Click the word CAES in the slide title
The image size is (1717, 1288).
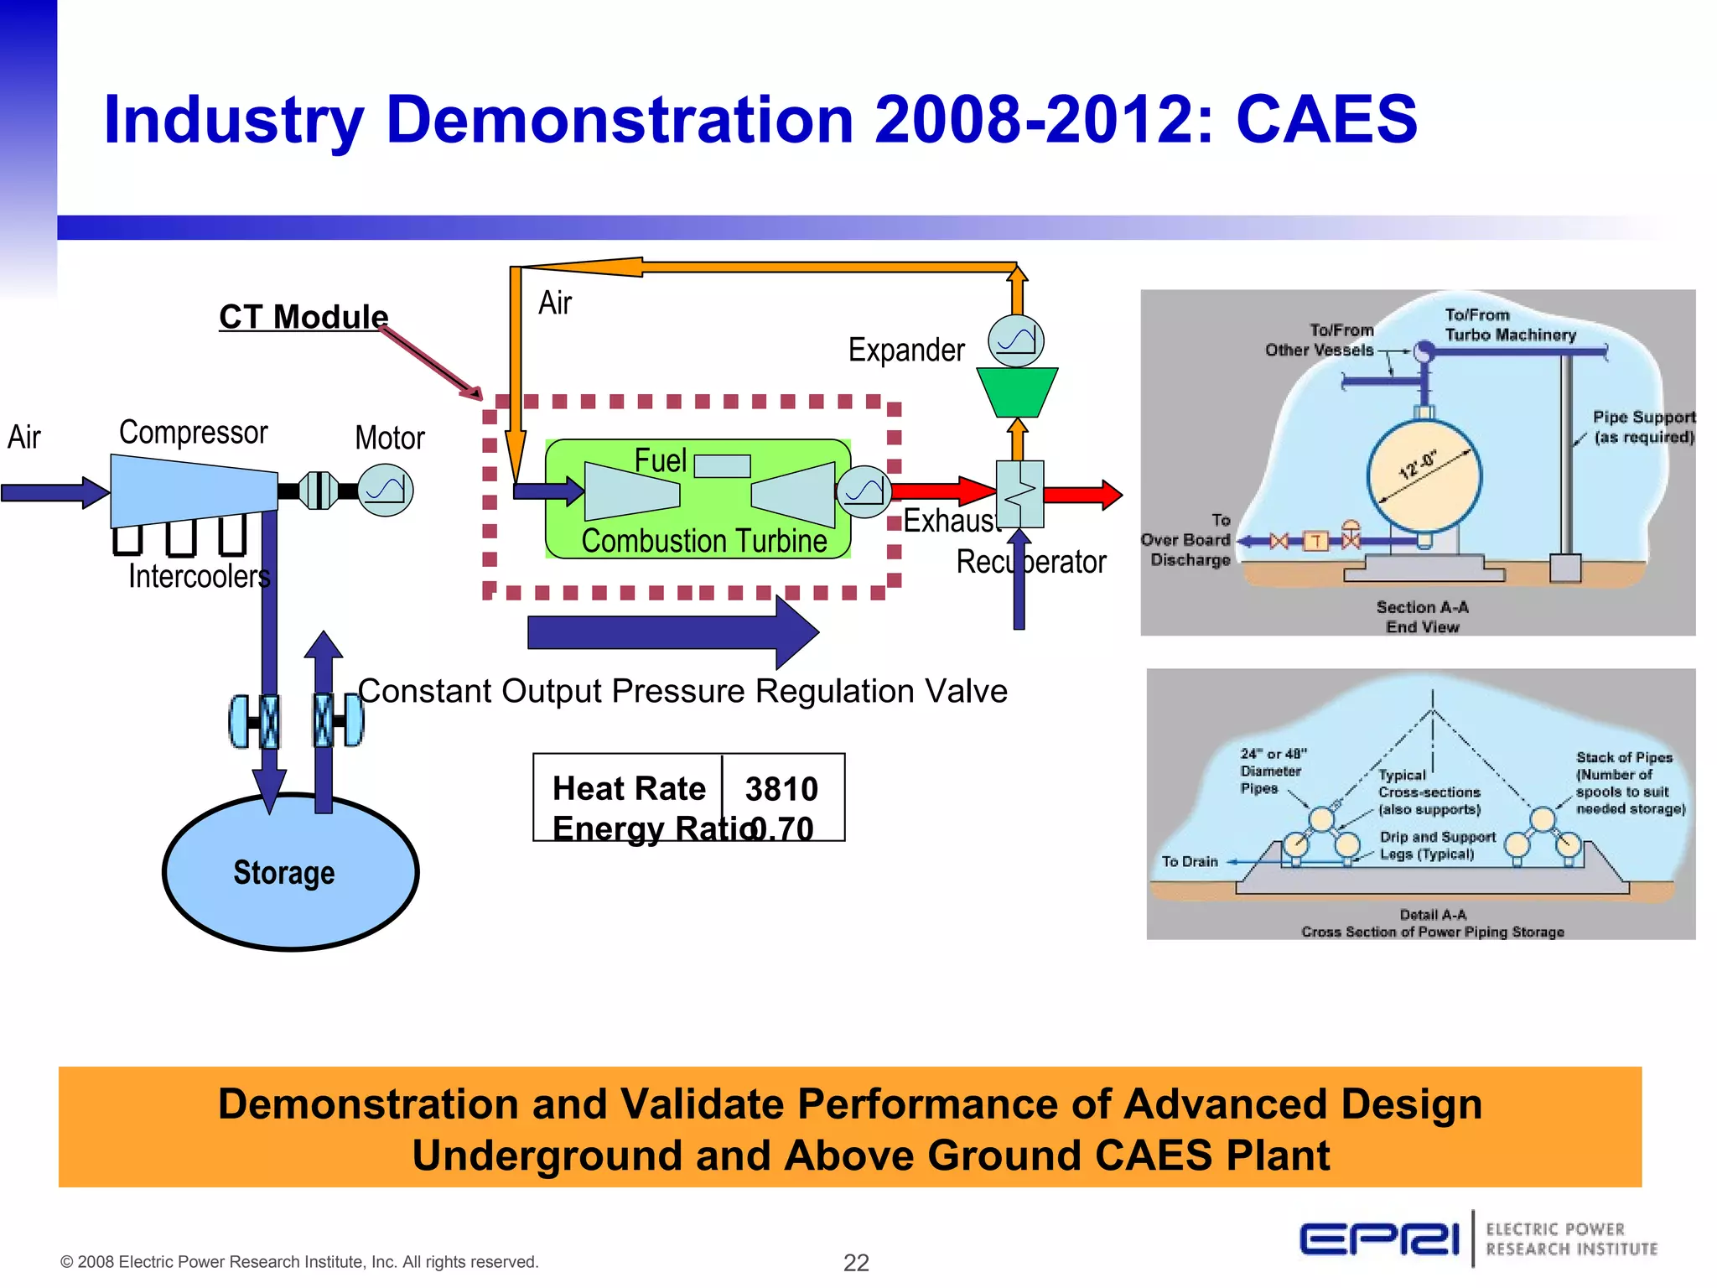pyautogui.click(x=1326, y=119)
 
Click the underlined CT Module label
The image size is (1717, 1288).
pyautogui.click(x=303, y=317)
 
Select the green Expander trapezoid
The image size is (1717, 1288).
pyautogui.click(x=1017, y=392)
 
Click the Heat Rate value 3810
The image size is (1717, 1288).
pyautogui.click(x=781, y=788)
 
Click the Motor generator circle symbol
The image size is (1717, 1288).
pyautogui.click(x=386, y=490)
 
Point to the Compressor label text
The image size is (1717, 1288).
pyautogui.click(x=193, y=433)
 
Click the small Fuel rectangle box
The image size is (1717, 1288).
pyautogui.click(x=722, y=465)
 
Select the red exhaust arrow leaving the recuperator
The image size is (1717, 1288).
pyautogui.click(x=1083, y=495)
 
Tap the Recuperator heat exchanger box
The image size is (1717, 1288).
pyautogui.click(x=1019, y=494)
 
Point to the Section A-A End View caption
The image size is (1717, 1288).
pyautogui.click(x=1422, y=616)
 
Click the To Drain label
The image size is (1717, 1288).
pyautogui.click(x=1189, y=861)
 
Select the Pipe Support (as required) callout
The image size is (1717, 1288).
pyautogui.click(x=1643, y=427)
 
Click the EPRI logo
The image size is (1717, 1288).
pyautogui.click(x=1379, y=1239)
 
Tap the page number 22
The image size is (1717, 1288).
pyautogui.click(x=856, y=1262)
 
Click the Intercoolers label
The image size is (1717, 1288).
pyautogui.click(x=199, y=577)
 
